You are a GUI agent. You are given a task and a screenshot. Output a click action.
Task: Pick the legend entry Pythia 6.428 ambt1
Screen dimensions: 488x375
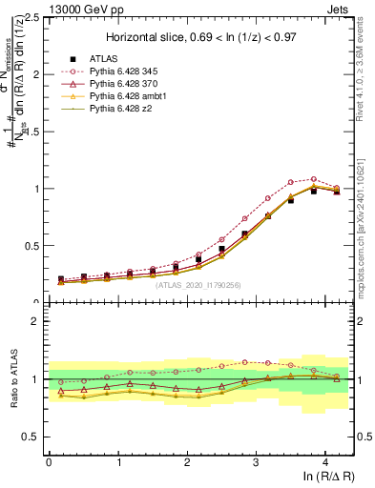pyautogui.click(x=132, y=97)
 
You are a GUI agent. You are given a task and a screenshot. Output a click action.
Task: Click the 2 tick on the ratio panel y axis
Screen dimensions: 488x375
pyautogui.click(x=36, y=321)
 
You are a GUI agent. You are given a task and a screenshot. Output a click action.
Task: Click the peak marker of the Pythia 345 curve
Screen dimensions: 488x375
pyautogui.click(x=314, y=179)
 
